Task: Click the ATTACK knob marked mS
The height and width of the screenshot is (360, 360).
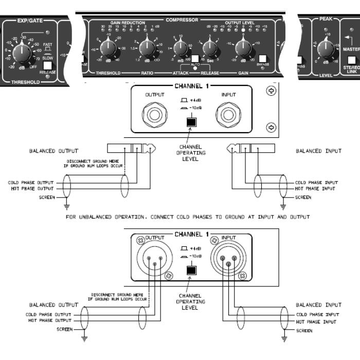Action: [179, 49]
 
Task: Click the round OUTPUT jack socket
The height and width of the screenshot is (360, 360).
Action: [153, 114]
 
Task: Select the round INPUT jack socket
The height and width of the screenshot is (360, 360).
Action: [228, 114]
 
